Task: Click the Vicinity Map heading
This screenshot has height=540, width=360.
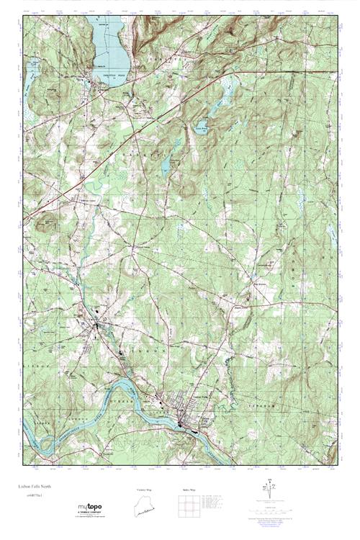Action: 146,490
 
